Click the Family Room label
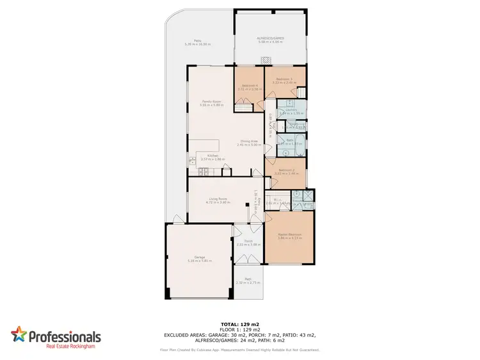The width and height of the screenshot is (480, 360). click(207, 101)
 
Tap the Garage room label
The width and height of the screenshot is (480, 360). click(190, 258)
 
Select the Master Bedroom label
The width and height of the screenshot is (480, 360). click(289, 235)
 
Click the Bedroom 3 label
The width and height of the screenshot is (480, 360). click(283, 79)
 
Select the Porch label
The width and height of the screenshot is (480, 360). click(249, 241)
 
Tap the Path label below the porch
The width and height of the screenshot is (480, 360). click(248, 279)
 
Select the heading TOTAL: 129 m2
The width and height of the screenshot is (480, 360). click(239, 325)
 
